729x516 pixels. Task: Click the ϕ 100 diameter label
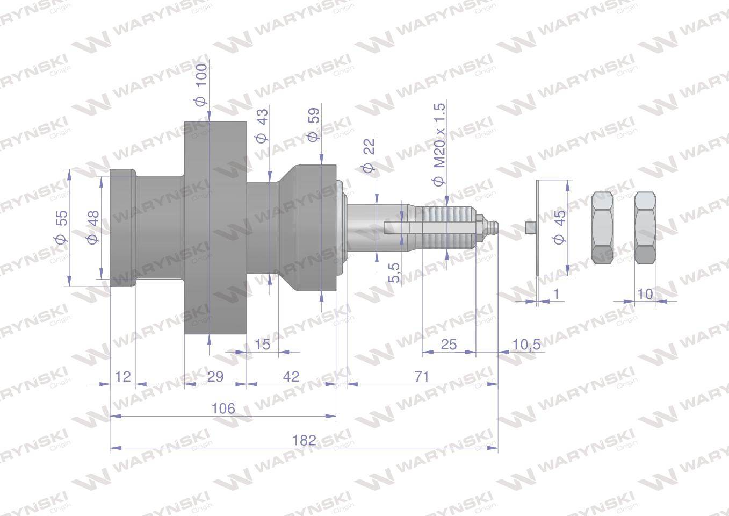click(x=201, y=84)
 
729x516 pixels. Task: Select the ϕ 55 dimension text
click(x=61, y=227)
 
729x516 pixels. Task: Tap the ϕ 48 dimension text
click(x=93, y=227)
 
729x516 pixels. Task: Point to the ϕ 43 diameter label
click(x=262, y=126)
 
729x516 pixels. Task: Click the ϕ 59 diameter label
click(x=313, y=125)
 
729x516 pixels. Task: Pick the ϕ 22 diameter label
click(x=369, y=155)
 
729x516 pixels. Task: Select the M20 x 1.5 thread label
click(x=439, y=145)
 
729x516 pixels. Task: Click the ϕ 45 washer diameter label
click(x=559, y=227)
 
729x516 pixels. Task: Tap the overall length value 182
click(x=304, y=440)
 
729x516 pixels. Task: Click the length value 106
click(x=223, y=408)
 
